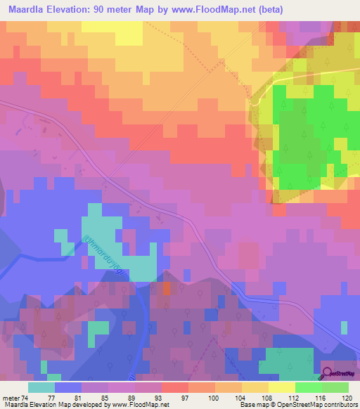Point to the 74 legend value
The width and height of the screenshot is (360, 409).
(x=26, y=398)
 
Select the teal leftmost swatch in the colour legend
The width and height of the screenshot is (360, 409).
(x=41, y=387)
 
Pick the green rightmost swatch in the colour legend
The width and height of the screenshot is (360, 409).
(x=335, y=387)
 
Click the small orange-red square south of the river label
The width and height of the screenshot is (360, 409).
(x=166, y=288)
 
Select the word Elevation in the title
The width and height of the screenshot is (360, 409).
(x=74, y=10)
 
